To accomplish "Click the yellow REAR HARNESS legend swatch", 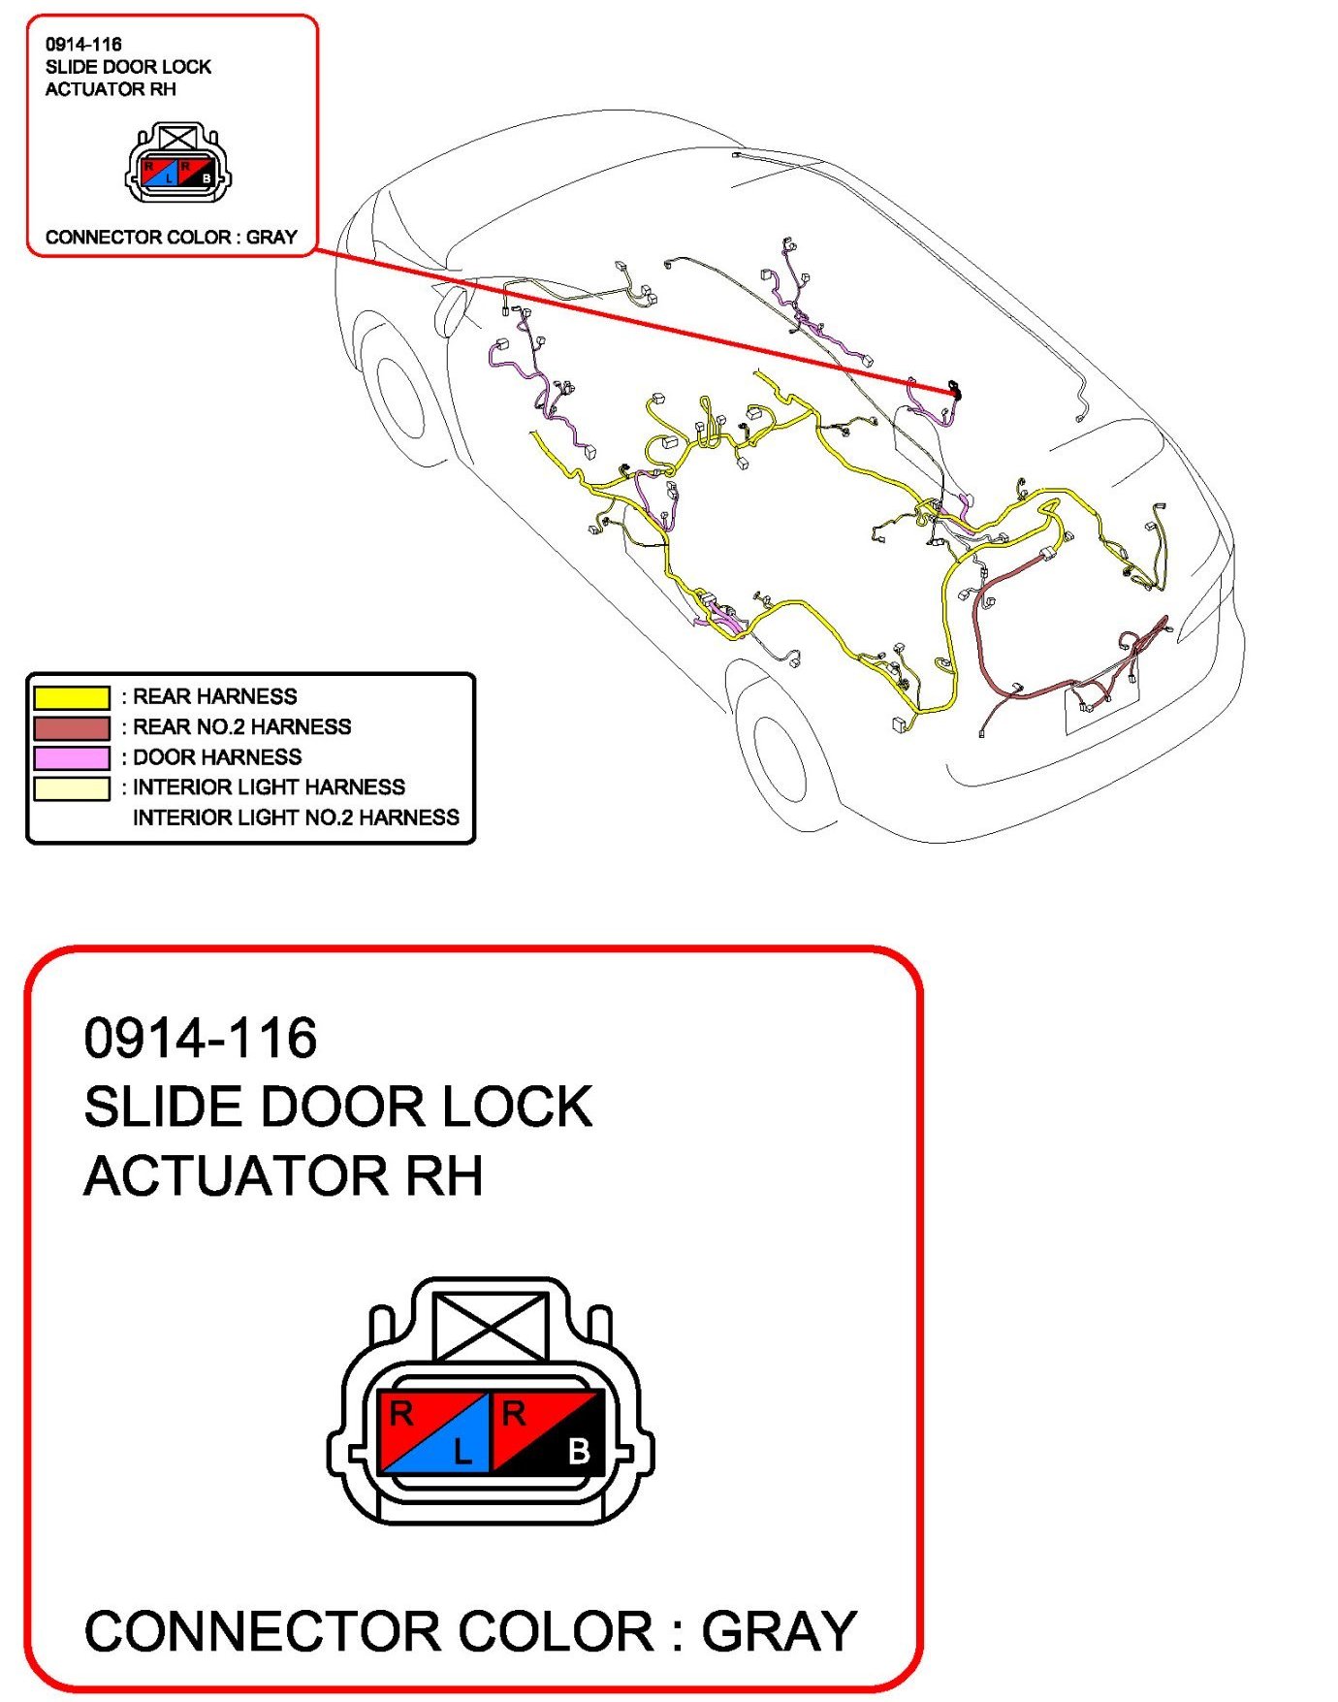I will pos(71,697).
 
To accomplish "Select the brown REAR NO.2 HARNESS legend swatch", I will pos(71,727).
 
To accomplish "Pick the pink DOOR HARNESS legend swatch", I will pos(71,757).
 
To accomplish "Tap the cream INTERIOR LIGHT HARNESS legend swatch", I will pos(71,787).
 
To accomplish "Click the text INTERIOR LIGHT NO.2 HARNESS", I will pos(296,818).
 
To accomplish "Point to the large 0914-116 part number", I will pos(200,1038).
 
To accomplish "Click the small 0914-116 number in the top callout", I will pos(83,44).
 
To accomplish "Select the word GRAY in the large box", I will pos(779,1631).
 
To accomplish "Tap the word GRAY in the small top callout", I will pos(271,237).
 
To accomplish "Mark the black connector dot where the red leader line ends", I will pos(955,391).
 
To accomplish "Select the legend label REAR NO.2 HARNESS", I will pos(241,727).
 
